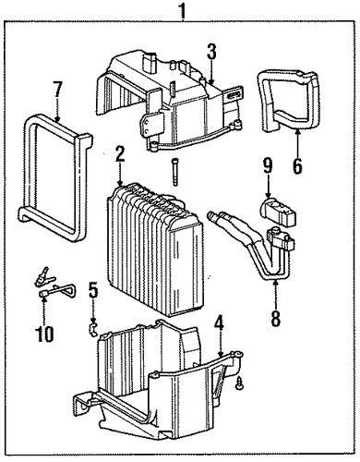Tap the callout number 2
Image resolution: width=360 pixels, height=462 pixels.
pyautogui.click(x=120, y=155)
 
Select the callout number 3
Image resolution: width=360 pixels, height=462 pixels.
pyautogui.click(x=211, y=53)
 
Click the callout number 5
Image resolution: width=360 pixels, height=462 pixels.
pyautogui.click(x=93, y=291)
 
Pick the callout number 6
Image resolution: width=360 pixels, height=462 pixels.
pyautogui.click(x=297, y=166)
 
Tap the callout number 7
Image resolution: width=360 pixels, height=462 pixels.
pyautogui.click(x=58, y=90)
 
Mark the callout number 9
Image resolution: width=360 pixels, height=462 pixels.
pyautogui.click(x=268, y=166)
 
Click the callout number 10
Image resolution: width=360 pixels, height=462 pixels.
pyautogui.click(x=45, y=334)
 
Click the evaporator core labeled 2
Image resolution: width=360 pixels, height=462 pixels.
pyautogui.click(x=154, y=249)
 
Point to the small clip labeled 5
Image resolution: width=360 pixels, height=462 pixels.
pyautogui.click(x=92, y=329)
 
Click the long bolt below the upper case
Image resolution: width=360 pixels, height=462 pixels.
pyautogui.click(x=175, y=172)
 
